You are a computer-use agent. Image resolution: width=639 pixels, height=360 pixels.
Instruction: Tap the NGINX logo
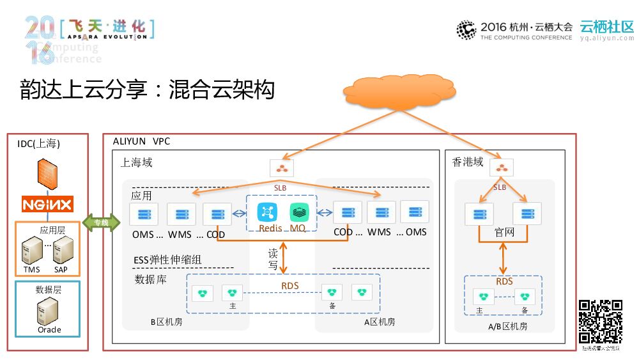(x=47, y=204)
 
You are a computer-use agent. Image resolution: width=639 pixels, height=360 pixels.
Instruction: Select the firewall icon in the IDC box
(x=47, y=173)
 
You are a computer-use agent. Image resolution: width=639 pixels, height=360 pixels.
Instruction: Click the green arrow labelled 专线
(x=102, y=223)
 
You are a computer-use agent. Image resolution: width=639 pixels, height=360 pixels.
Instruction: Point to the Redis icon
(x=267, y=212)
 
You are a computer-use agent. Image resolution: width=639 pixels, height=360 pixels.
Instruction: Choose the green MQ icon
(x=298, y=212)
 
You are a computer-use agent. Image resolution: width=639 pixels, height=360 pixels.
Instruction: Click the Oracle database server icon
(x=49, y=312)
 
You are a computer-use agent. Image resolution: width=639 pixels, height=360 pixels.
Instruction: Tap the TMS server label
(x=32, y=270)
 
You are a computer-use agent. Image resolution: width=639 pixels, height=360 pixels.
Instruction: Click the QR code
(x=600, y=322)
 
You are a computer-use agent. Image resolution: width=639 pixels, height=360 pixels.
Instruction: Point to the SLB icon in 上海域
(x=281, y=168)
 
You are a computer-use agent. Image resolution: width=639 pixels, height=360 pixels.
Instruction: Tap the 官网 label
(x=504, y=231)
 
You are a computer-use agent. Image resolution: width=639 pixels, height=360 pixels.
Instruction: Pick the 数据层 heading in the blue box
(x=49, y=290)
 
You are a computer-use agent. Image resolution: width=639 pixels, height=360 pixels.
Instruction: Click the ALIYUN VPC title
(x=141, y=141)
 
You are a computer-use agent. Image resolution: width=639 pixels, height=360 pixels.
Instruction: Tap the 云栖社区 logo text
(x=606, y=26)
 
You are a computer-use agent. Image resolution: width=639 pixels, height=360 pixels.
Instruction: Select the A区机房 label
(x=380, y=322)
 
